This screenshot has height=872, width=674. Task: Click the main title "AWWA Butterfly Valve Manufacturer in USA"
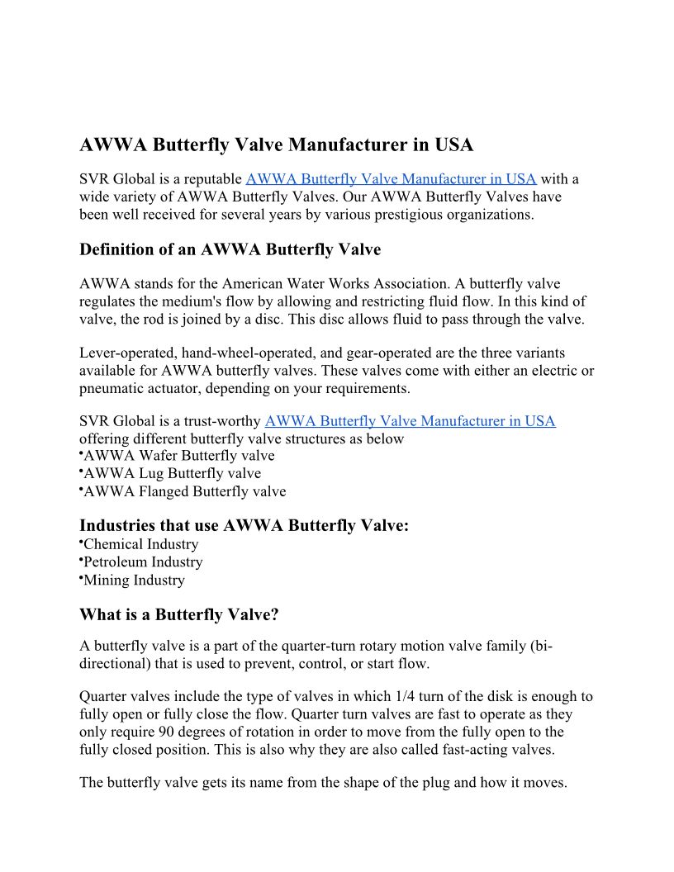(x=276, y=145)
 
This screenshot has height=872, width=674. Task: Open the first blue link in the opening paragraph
(x=391, y=178)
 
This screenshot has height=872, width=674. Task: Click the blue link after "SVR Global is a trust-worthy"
(x=410, y=421)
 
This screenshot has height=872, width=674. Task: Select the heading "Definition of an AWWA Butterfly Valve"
(x=230, y=249)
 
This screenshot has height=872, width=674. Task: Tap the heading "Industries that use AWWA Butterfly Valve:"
(x=244, y=526)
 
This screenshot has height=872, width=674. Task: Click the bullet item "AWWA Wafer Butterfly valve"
(x=179, y=456)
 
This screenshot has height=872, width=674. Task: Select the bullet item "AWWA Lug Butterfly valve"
(x=173, y=474)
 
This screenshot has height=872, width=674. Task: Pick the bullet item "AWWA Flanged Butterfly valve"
(x=185, y=492)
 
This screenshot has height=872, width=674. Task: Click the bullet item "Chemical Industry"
(x=141, y=545)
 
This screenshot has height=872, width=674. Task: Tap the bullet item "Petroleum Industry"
(x=143, y=562)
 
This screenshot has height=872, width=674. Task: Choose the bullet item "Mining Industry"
(x=135, y=581)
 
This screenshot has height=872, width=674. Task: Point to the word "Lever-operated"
(x=127, y=353)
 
